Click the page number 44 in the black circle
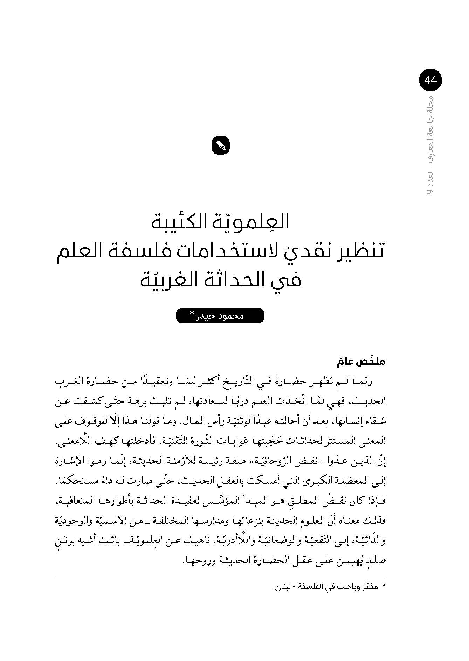430,80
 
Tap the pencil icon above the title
221,145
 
